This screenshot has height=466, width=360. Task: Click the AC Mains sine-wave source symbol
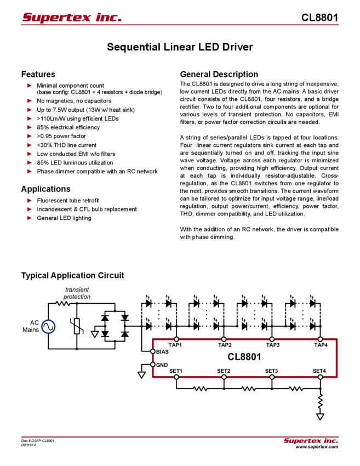point(48,327)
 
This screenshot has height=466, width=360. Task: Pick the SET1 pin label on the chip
point(176,371)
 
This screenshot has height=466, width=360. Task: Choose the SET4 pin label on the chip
point(319,371)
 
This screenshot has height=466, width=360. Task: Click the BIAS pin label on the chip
point(162,351)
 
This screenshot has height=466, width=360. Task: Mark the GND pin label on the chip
point(162,364)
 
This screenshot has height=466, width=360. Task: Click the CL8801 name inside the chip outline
point(244,357)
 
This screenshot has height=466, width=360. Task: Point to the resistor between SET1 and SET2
point(199,389)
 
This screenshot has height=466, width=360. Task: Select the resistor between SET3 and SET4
point(296,389)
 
